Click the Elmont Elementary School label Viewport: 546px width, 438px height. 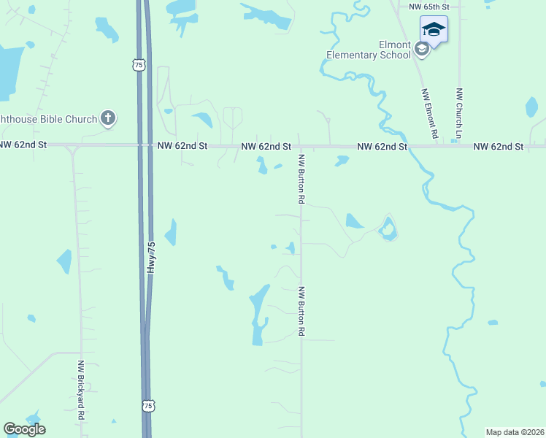click(368, 49)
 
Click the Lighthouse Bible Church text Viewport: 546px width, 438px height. click(48, 118)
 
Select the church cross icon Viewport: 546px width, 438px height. click(108, 118)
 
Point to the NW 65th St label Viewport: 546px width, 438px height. click(429, 6)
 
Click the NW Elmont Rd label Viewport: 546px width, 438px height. click(429, 114)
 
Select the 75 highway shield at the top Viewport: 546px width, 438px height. click(139, 65)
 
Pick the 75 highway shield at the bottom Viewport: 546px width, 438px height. click(148, 405)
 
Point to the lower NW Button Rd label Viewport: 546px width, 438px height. click(301, 310)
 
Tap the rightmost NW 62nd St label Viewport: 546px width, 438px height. click(498, 147)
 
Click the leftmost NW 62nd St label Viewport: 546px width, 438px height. click(23, 145)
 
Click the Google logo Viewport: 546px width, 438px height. click(25, 429)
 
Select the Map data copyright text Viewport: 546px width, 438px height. click(515, 432)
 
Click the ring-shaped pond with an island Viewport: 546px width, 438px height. click(388, 231)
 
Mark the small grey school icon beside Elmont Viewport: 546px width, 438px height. click(421, 49)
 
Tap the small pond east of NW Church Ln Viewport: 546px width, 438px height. click(531, 107)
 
